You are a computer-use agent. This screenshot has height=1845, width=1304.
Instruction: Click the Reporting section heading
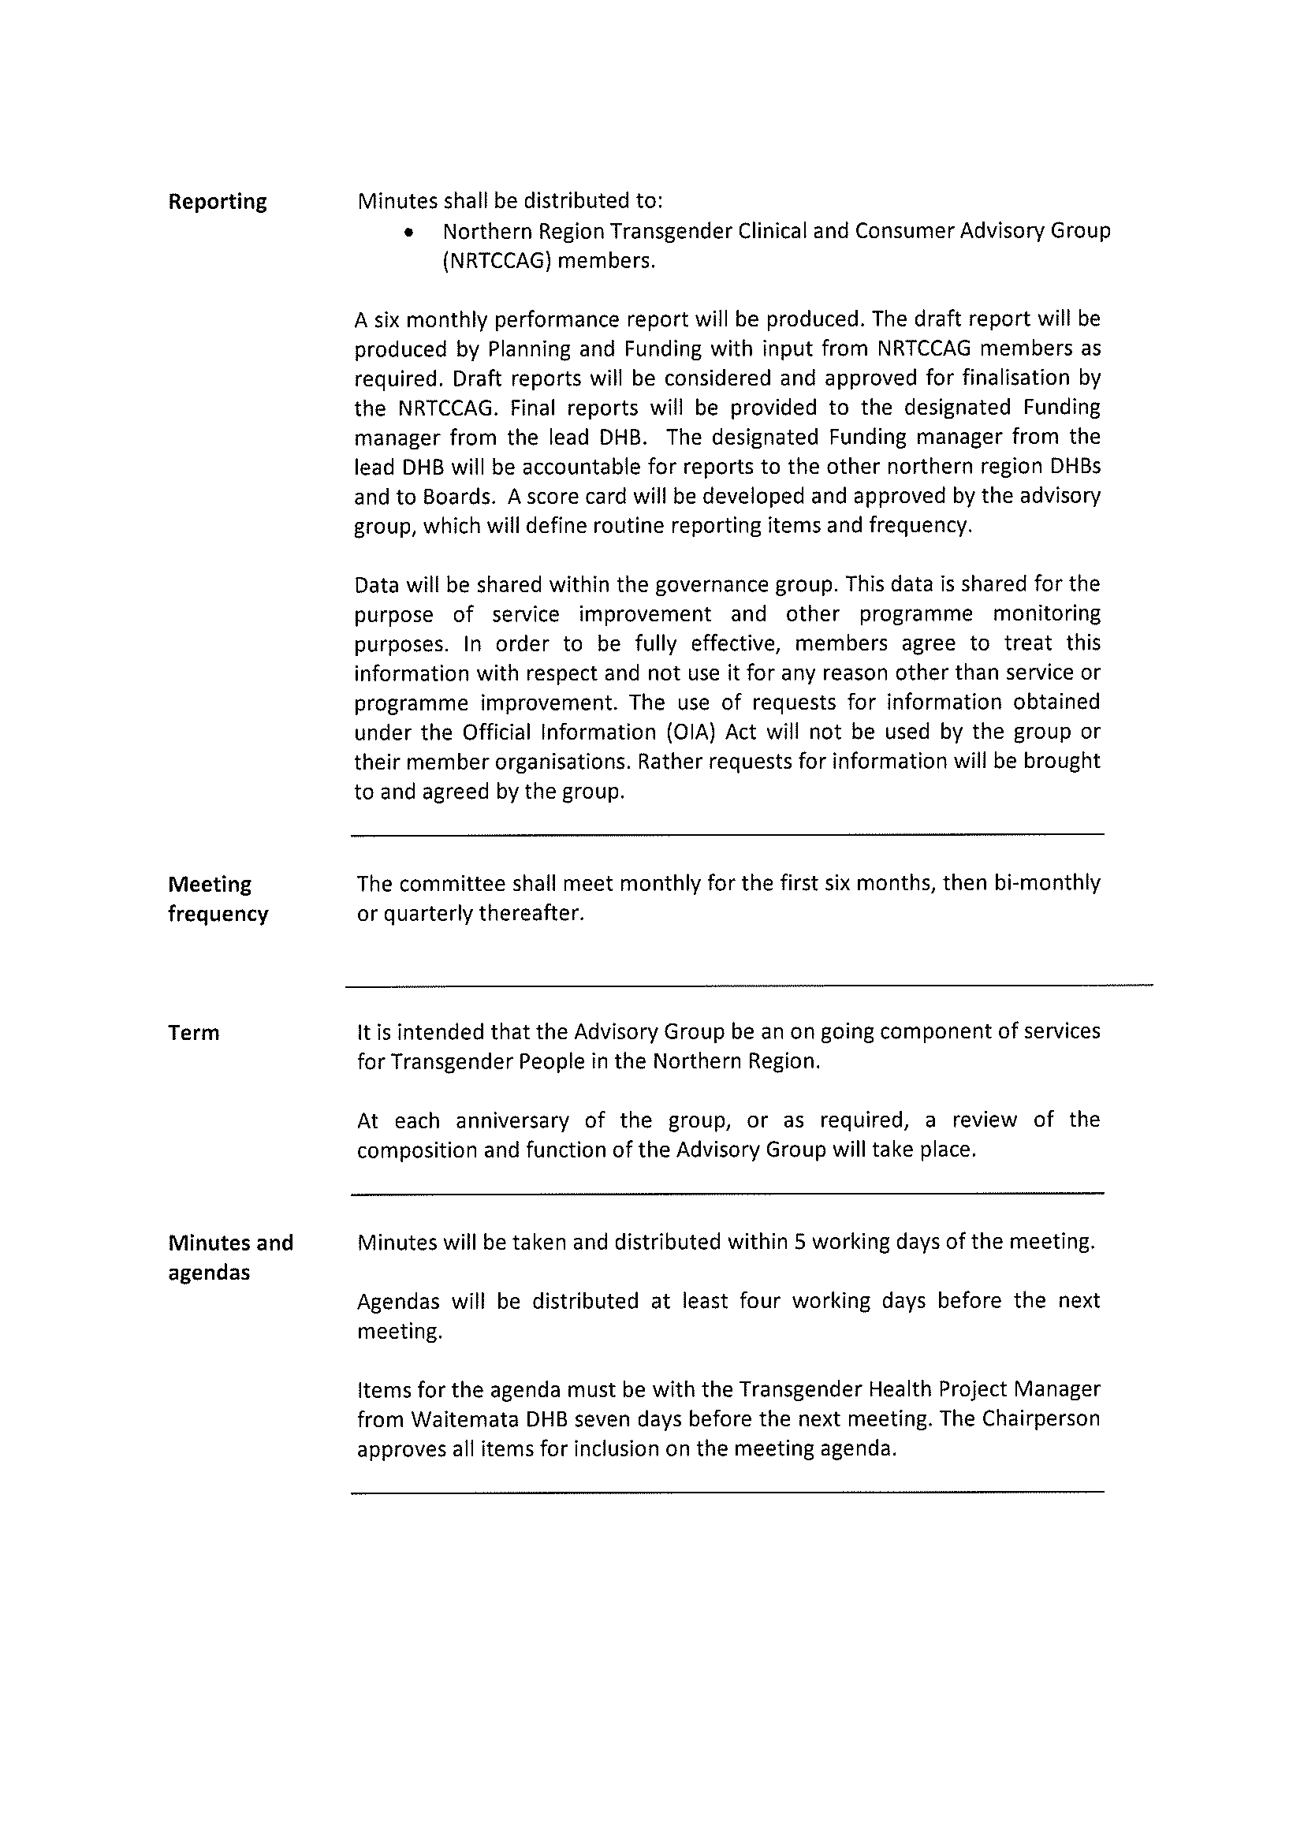click(x=217, y=202)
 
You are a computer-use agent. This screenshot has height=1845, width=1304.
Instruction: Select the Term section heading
click(x=194, y=1033)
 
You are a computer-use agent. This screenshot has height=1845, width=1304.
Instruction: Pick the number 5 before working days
click(x=799, y=1243)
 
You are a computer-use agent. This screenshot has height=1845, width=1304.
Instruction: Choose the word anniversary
click(x=512, y=1120)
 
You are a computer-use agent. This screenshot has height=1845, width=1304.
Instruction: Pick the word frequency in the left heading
click(x=218, y=915)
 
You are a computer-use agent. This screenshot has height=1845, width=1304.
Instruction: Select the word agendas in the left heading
click(x=209, y=1273)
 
